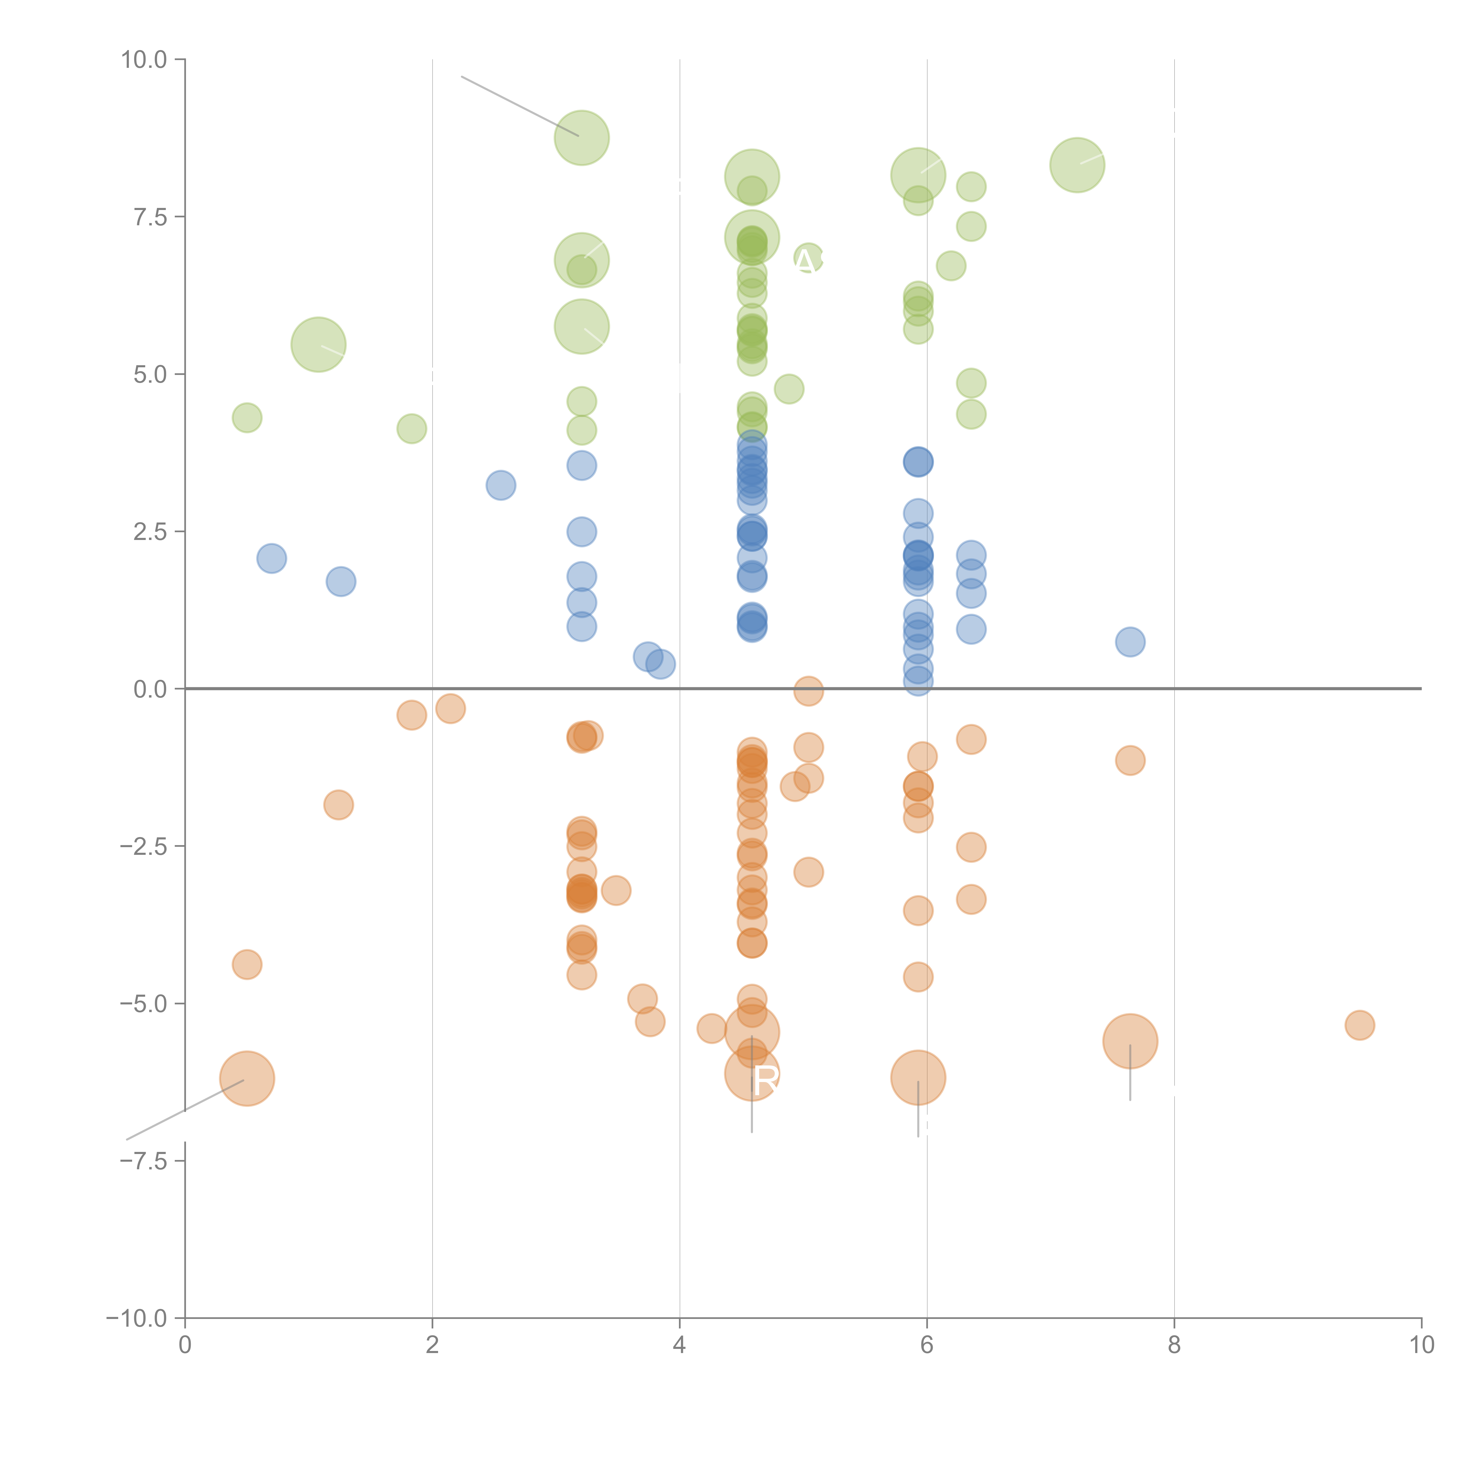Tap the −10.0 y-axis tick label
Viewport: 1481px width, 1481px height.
pos(137,1318)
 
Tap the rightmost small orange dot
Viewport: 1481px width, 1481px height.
pos(1359,1025)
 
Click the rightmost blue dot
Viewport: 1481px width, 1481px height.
pos(1130,642)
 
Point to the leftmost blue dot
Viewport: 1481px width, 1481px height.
pos(271,558)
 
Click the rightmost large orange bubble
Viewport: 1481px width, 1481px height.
pos(1130,1041)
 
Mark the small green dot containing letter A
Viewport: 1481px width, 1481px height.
pos(808,259)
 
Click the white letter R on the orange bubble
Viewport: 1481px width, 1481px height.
pos(766,1081)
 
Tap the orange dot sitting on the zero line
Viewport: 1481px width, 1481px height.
pos(808,691)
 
